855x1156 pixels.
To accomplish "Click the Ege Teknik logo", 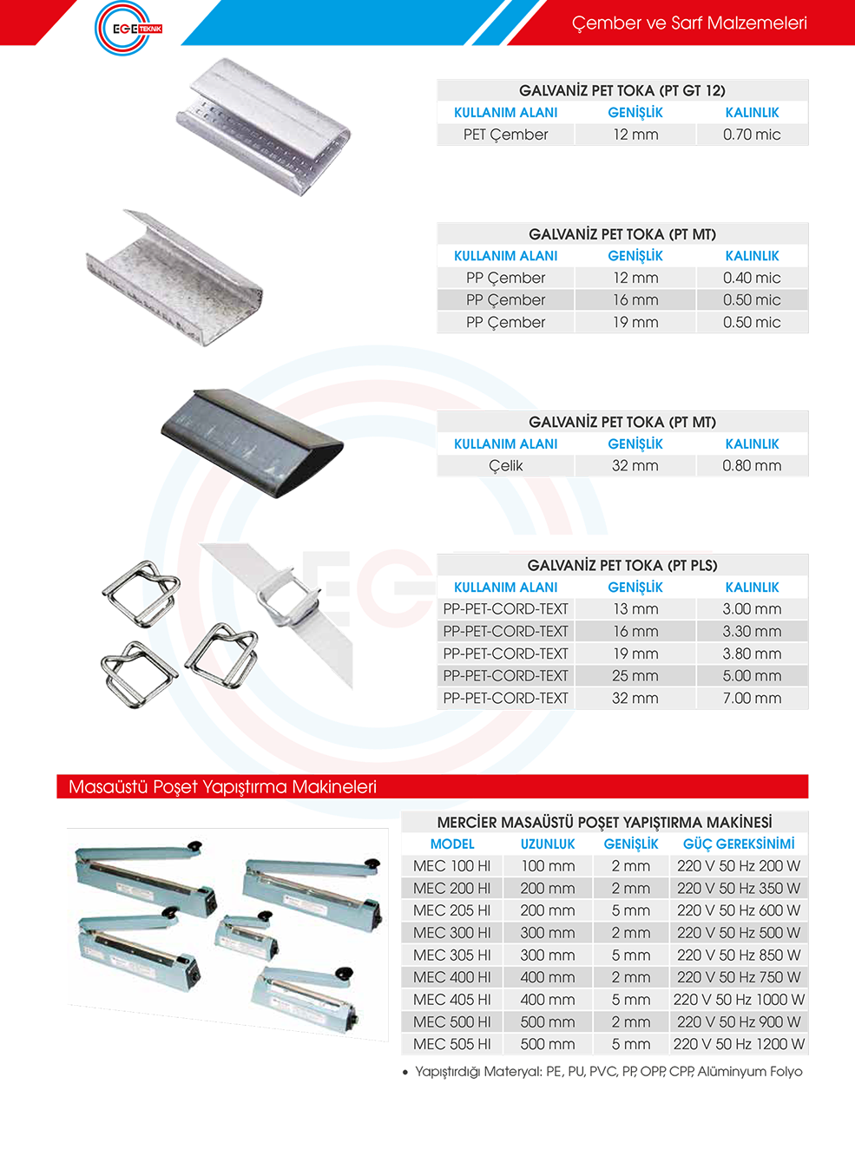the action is point(128,28).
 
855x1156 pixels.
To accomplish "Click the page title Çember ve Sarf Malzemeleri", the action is point(689,23).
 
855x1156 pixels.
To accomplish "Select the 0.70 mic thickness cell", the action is point(751,135).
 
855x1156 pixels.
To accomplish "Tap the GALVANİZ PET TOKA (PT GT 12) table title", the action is point(622,90).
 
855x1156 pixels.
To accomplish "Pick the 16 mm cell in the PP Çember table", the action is point(635,299).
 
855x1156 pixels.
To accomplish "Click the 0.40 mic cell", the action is point(751,278).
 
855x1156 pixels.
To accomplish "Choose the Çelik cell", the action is point(505,465).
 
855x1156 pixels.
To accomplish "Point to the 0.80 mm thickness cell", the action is point(751,465).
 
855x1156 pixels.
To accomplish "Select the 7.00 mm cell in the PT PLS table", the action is point(751,698).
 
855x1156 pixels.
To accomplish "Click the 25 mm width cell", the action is point(635,675).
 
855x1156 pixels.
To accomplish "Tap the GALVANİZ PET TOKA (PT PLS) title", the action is point(622,566).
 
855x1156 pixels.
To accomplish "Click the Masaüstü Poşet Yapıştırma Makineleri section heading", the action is point(222,786).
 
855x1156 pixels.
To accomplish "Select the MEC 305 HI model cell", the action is point(452,955).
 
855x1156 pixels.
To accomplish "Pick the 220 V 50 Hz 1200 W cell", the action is point(739,1044).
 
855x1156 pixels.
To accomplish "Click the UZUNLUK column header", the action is point(548,844).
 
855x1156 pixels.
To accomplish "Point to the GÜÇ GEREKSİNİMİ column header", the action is point(739,844).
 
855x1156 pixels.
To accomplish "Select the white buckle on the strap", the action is point(288,598).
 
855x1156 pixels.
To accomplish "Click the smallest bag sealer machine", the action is point(246,936).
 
